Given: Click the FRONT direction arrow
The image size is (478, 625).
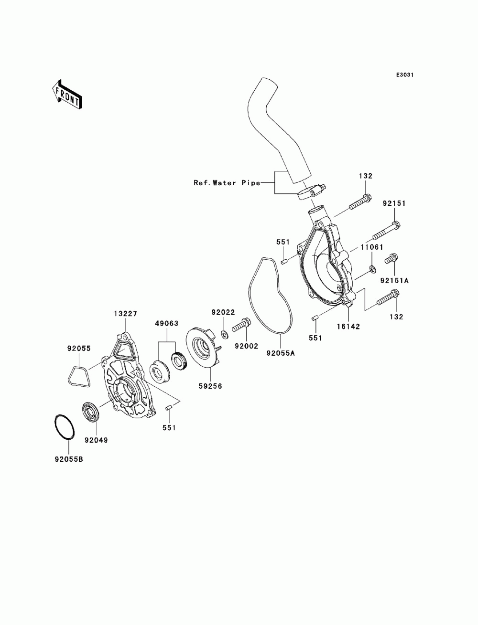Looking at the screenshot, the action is (x=67, y=94).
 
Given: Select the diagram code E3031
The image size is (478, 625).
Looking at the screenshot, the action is (x=404, y=75).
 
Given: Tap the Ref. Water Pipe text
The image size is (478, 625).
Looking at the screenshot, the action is (x=227, y=182).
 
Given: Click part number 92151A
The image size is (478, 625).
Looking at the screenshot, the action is (x=394, y=280).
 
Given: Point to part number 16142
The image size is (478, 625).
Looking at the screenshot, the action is (x=348, y=326).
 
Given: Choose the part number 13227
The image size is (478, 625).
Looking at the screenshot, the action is (x=125, y=314).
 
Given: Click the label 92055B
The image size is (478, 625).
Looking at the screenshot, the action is (x=69, y=459).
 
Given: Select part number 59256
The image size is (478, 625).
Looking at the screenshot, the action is (x=210, y=386).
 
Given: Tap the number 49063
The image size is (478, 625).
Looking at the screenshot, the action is (x=167, y=323).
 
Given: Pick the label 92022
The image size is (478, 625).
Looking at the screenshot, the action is (x=223, y=312).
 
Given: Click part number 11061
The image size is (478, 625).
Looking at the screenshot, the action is (x=372, y=247).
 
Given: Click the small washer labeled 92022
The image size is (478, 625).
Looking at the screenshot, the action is (x=224, y=335).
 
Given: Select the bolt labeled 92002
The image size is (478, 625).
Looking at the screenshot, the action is (x=241, y=325).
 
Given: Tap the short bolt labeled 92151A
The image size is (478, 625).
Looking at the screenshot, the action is (x=391, y=258).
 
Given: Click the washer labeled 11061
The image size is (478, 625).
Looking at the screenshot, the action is (x=372, y=268).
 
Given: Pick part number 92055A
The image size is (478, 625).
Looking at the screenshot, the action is (x=281, y=353).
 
